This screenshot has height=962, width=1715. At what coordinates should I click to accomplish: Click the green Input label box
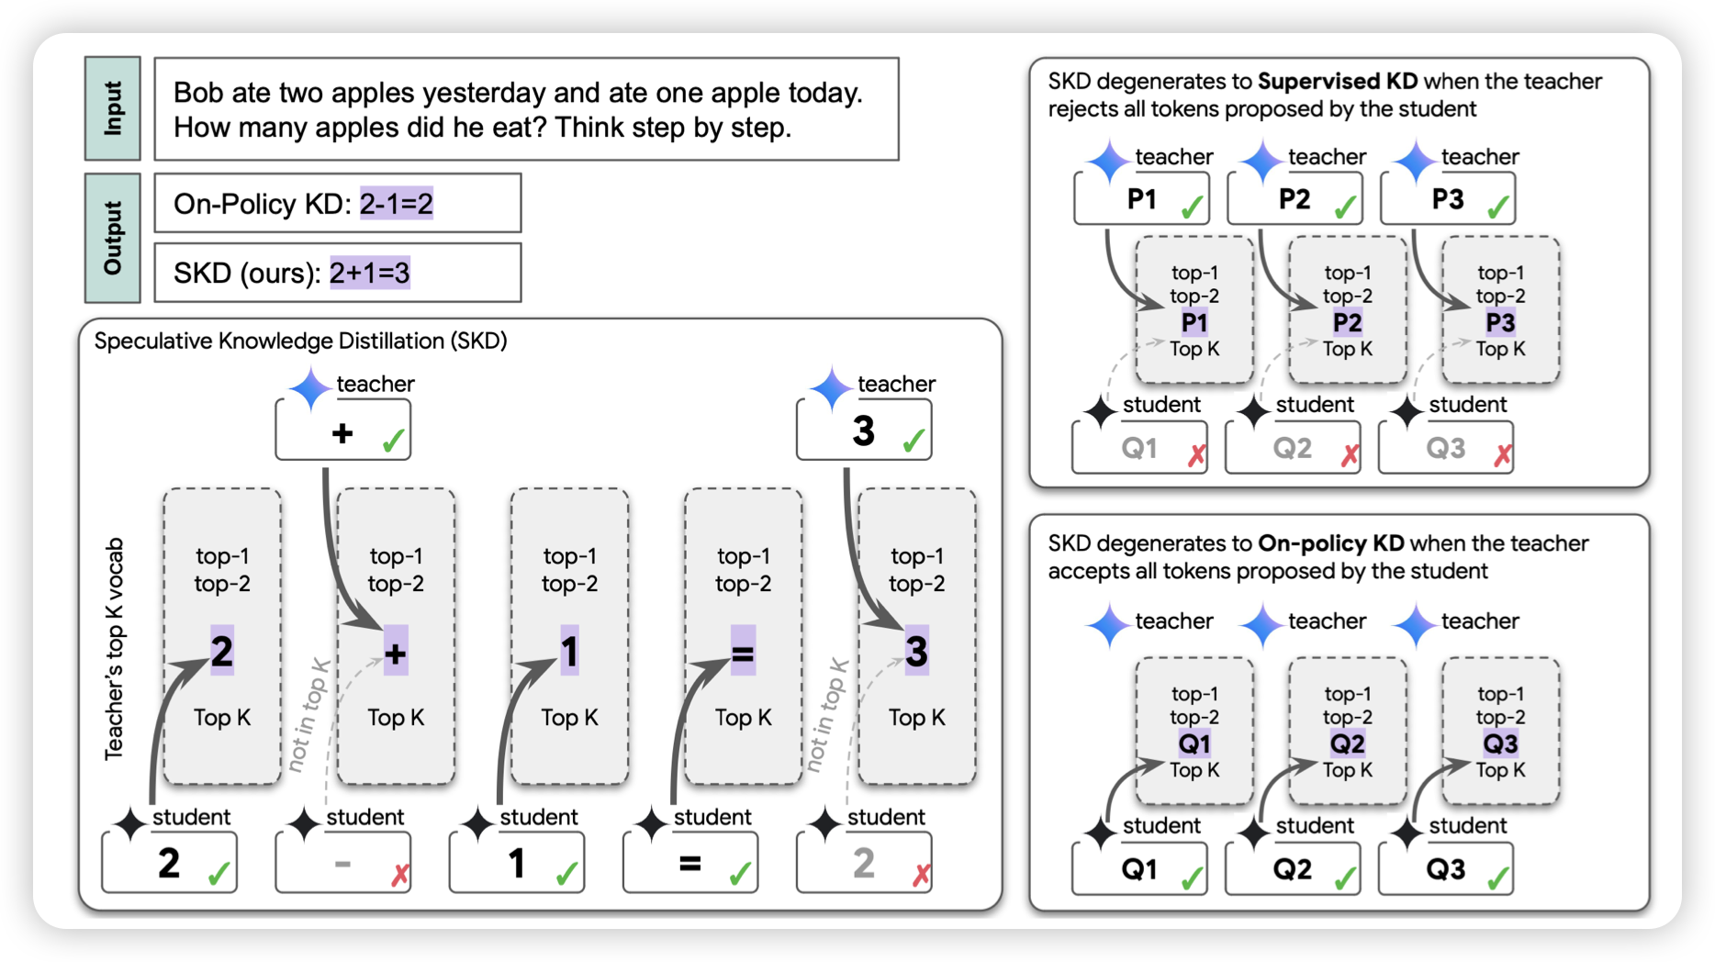tap(112, 108)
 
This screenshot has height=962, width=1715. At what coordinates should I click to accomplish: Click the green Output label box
tap(112, 238)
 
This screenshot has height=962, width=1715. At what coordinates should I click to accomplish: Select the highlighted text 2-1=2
tap(396, 204)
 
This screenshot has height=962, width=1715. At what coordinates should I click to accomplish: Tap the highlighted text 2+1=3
tap(369, 273)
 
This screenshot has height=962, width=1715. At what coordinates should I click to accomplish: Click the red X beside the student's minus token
tap(400, 875)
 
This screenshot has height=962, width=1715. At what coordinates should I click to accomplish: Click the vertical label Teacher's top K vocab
tap(114, 648)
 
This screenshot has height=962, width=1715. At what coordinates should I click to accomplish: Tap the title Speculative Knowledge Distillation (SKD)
tap(300, 341)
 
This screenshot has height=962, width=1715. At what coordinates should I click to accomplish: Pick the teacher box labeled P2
tap(1295, 199)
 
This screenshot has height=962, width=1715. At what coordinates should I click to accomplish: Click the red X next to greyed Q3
tap(1503, 455)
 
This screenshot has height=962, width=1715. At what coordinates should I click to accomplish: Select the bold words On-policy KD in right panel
tap(1330, 543)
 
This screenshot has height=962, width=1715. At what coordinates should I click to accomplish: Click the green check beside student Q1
tap(1192, 878)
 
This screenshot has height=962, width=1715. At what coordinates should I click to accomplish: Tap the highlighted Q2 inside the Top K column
tap(1347, 744)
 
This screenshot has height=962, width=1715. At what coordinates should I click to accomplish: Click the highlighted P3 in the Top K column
tap(1500, 323)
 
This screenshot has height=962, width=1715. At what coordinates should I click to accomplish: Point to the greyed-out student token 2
tap(863, 863)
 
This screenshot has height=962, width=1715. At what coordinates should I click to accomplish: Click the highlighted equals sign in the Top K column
tap(743, 654)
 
